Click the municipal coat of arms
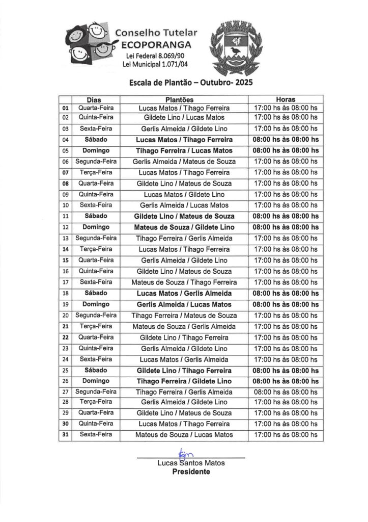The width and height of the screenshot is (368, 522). (x=235, y=45)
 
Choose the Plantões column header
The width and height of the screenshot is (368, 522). (x=184, y=100)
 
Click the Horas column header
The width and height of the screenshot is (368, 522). (x=286, y=100)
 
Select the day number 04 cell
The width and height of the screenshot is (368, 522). (x=65, y=140)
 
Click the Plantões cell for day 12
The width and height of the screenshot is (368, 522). (x=184, y=227)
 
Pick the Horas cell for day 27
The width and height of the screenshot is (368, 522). (x=286, y=392)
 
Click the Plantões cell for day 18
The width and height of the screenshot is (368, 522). (x=184, y=294)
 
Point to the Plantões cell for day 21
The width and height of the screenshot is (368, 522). (x=184, y=326)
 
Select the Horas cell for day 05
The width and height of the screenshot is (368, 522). (x=286, y=151)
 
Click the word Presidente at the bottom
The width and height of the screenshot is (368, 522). (x=191, y=472)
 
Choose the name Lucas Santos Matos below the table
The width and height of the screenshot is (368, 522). (x=191, y=463)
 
